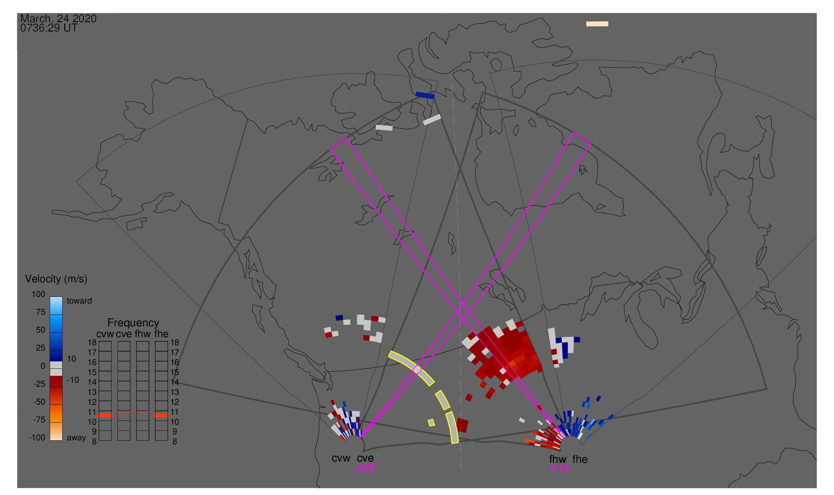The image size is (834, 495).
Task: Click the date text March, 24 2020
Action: (x=58, y=18)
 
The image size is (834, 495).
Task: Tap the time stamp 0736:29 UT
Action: (x=49, y=28)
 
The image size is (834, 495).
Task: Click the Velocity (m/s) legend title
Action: (x=56, y=279)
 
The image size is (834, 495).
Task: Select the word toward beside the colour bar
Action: (x=79, y=301)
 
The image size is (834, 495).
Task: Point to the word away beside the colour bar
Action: (x=76, y=438)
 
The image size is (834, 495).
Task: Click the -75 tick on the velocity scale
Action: (x=39, y=419)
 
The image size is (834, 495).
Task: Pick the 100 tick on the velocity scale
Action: (x=38, y=294)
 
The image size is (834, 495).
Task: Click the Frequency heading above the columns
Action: (x=133, y=323)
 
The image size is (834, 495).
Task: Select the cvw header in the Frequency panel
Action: (x=105, y=334)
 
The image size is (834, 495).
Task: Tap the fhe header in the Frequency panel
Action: (x=161, y=334)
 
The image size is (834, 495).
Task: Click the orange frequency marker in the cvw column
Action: (x=105, y=415)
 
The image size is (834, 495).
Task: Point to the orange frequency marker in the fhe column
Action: (x=161, y=415)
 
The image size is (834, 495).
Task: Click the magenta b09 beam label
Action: (x=366, y=467)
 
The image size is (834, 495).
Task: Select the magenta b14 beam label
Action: (x=560, y=468)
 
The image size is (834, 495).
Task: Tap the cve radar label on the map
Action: (x=365, y=458)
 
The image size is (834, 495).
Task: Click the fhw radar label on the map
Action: (x=558, y=459)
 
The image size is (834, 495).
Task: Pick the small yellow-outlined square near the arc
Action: (x=431, y=423)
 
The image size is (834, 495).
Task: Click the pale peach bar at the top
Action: (x=597, y=24)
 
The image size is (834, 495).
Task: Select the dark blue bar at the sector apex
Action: (x=425, y=95)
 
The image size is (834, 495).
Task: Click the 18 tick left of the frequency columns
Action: (x=92, y=343)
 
